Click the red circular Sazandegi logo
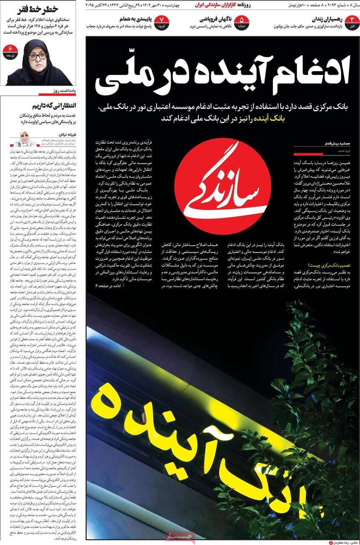tap(223, 186)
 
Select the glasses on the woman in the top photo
tap(37, 56)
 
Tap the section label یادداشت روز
tap(64, 91)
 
